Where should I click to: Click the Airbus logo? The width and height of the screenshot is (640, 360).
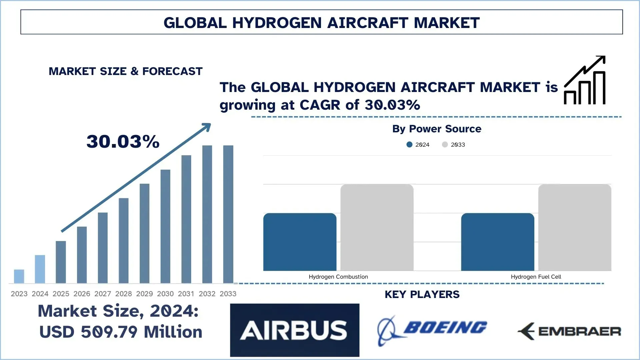pyautogui.click(x=294, y=330)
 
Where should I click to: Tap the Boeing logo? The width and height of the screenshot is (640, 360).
pyautogui.click(x=432, y=330)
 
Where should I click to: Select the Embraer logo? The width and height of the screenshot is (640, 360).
pyautogui.click(x=569, y=331)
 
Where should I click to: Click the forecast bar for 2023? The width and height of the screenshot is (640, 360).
pyautogui.click(x=19, y=276)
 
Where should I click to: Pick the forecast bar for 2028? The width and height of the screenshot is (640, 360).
pyautogui.click(x=124, y=240)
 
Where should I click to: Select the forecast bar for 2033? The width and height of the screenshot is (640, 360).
pyautogui.click(x=228, y=214)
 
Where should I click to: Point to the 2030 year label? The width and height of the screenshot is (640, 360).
pyautogui.click(x=165, y=294)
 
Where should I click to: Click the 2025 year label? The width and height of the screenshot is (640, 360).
pyautogui.click(x=61, y=294)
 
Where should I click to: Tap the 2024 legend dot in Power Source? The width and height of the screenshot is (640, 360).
pyautogui.click(x=409, y=145)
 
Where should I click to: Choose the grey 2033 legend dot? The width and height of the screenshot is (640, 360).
pyautogui.click(x=445, y=145)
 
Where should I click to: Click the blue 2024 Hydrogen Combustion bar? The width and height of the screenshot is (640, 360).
pyautogui.click(x=300, y=242)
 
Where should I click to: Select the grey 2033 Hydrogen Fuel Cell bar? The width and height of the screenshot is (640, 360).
pyautogui.click(x=575, y=227)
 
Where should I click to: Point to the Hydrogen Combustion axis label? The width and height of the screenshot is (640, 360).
pyautogui.click(x=338, y=277)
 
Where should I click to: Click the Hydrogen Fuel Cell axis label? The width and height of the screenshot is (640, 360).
pyautogui.click(x=536, y=277)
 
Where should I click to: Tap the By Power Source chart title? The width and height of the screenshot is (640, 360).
pyautogui.click(x=437, y=129)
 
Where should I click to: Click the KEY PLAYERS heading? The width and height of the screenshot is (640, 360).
pyautogui.click(x=422, y=294)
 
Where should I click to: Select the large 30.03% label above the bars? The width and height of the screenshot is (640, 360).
pyautogui.click(x=123, y=141)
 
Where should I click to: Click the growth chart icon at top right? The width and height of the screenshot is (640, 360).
pyautogui.click(x=585, y=80)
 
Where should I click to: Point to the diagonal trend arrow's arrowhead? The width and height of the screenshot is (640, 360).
pyautogui.click(x=207, y=127)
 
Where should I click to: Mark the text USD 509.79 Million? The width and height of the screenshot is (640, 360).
pyautogui.click(x=121, y=332)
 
